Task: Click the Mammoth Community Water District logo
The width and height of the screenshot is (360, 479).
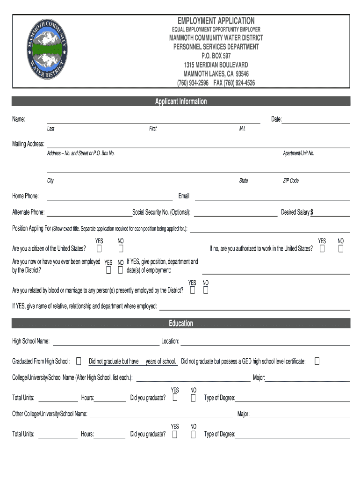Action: pyautogui.click(x=45, y=51)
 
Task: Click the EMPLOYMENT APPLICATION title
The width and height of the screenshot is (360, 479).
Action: pyautogui.click(x=216, y=21)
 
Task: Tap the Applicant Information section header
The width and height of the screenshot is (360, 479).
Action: pyautogui.click(x=181, y=102)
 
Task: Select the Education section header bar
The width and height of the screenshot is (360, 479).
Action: pyautogui.click(x=181, y=323)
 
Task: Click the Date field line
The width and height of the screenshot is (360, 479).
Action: pyautogui.click(x=316, y=120)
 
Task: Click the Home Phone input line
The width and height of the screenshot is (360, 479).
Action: pyautogui.click(x=109, y=196)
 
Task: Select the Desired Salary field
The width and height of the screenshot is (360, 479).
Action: pyautogui.click(x=331, y=213)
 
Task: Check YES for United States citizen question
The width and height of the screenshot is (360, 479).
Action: pyautogui.click(x=99, y=248)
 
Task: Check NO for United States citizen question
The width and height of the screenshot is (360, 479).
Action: pyautogui.click(x=120, y=248)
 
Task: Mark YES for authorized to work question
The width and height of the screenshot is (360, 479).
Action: pyautogui.click(x=322, y=248)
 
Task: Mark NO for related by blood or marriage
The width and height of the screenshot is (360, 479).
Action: pyautogui.click(x=205, y=290)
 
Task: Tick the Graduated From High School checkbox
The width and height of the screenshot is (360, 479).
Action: pyautogui.click(x=78, y=361)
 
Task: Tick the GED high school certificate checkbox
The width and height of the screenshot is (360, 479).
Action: pyautogui.click(x=317, y=361)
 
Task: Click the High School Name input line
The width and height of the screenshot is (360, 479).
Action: pyautogui.click(x=106, y=341)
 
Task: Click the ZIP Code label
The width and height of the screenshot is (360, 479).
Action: pyautogui.click(x=291, y=181)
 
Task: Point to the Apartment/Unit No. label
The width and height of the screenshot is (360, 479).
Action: pyautogui.click(x=298, y=153)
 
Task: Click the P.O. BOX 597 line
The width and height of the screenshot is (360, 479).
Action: pyautogui.click(x=216, y=56)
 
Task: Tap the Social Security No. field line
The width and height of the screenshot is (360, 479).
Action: pyautogui.click(x=235, y=213)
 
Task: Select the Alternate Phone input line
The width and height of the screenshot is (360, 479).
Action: pyautogui.click(x=89, y=213)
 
